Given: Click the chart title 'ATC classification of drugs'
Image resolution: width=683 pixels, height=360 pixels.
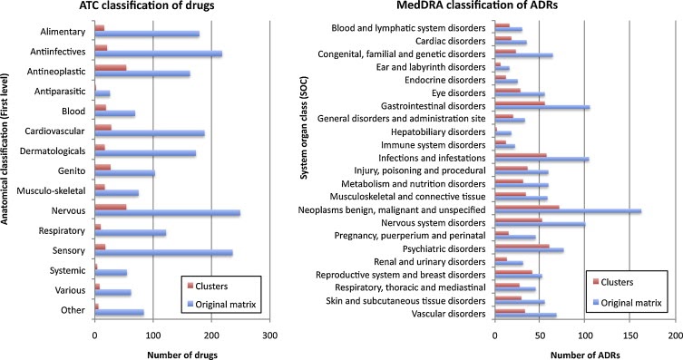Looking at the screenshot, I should (x=151, y=8).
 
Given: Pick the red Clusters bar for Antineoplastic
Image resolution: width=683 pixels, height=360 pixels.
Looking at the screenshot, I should (x=111, y=67).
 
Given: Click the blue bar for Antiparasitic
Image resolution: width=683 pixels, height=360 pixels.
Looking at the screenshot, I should (x=102, y=93).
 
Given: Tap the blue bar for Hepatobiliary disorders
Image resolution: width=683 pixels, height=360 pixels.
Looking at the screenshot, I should (x=503, y=133).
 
